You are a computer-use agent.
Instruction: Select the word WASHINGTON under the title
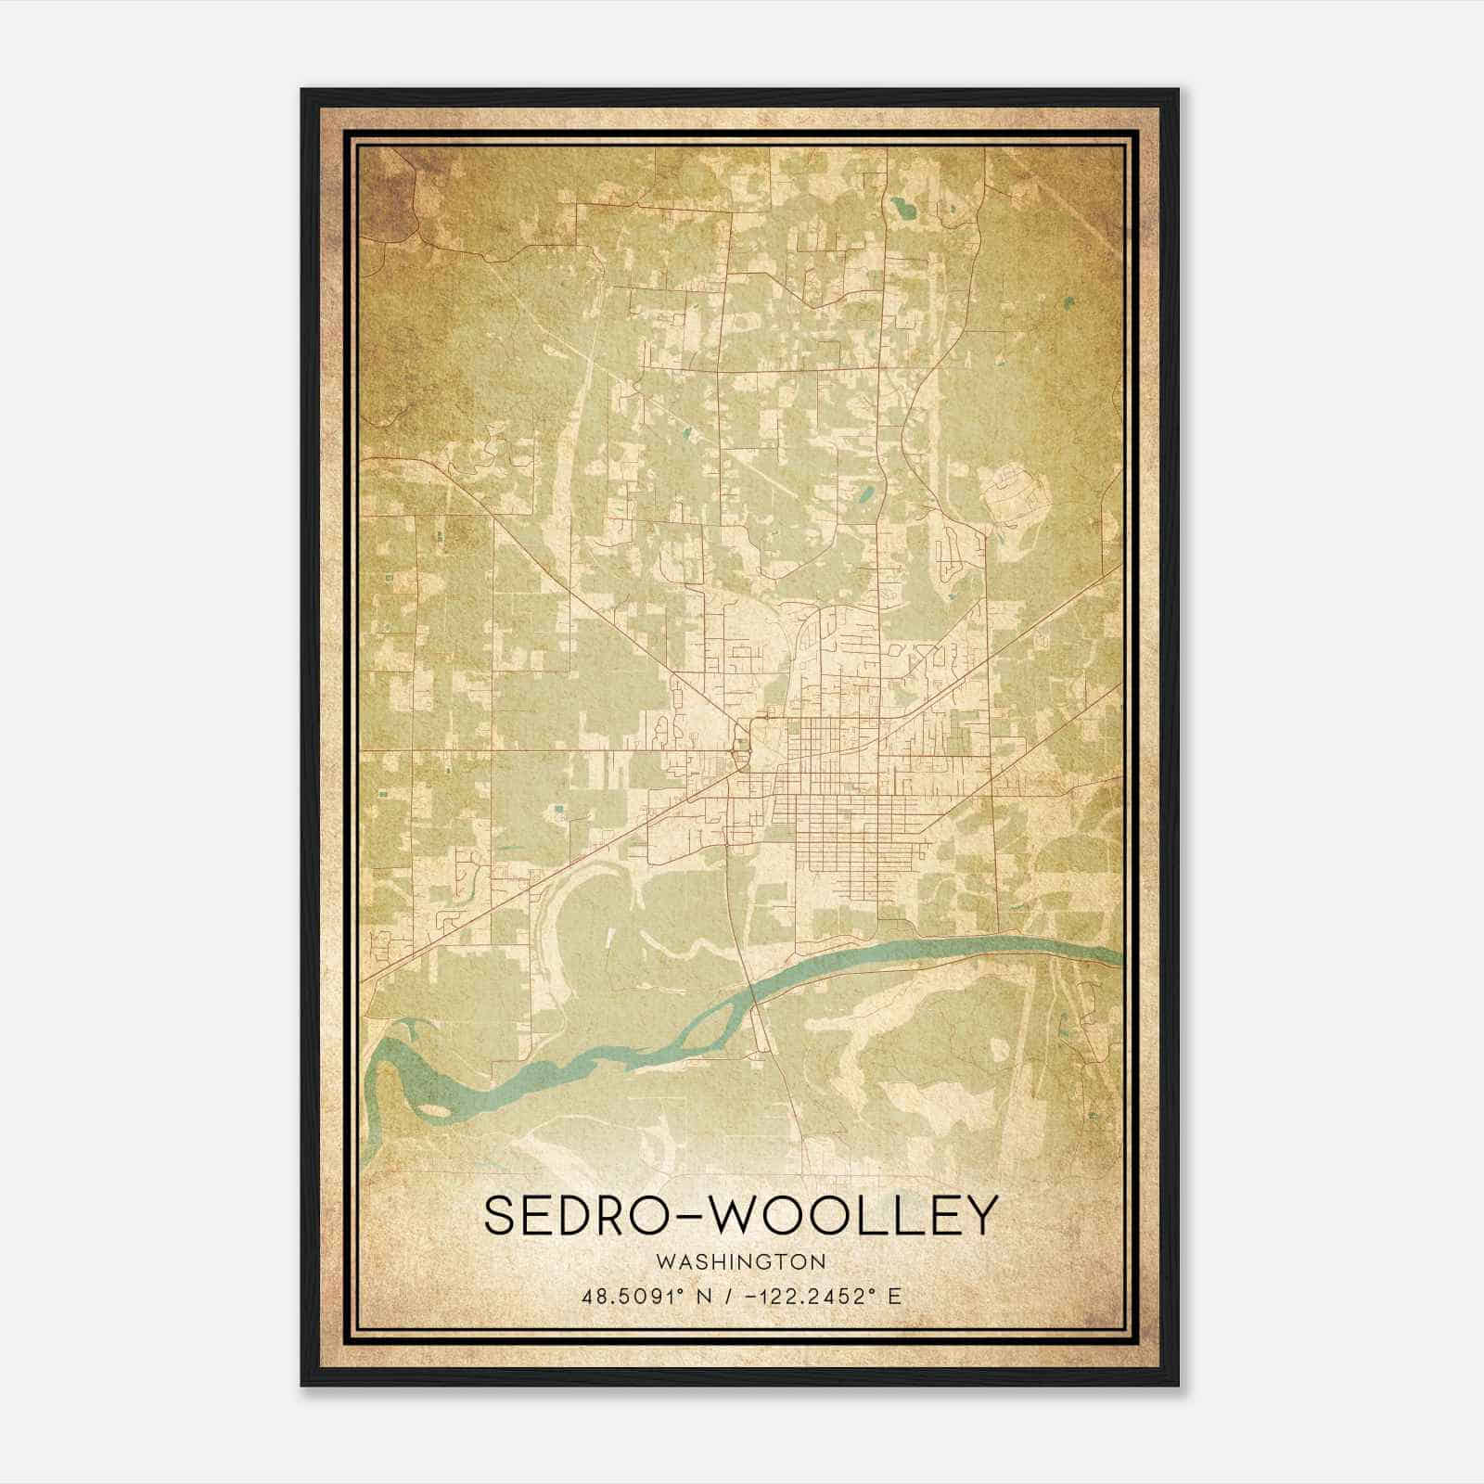(x=741, y=1262)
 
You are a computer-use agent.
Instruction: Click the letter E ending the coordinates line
(x=894, y=1297)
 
